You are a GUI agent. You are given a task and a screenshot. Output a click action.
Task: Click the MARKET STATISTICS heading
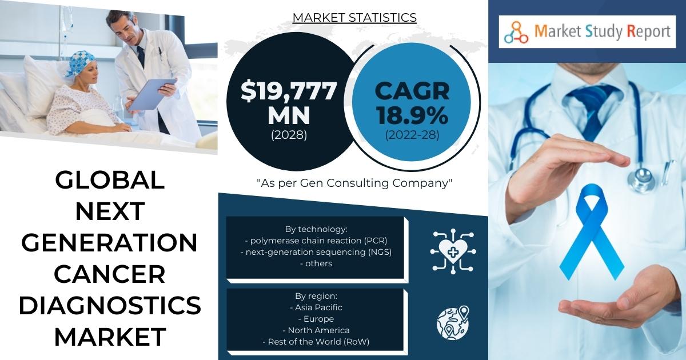point(354,18)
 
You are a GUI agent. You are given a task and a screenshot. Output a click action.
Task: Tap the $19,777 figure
point(289,91)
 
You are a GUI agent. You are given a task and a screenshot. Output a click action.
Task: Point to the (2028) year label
point(289,135)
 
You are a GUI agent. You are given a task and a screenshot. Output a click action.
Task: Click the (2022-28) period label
point(412,135)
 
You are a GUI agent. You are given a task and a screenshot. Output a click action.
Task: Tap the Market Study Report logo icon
point(516,32)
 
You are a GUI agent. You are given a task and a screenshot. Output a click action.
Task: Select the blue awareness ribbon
point(591,232)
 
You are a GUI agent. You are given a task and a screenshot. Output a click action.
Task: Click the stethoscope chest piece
point(641,179)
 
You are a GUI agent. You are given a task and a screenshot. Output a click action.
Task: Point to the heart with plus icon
point(453,251)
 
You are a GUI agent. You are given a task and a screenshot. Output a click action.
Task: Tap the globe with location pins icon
point(453,322)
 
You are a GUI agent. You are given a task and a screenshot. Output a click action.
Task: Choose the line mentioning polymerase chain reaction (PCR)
point(316,241)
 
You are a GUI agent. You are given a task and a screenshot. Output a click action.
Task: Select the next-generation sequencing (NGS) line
point(316,252)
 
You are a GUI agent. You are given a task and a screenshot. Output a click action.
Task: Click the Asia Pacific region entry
point(316,307)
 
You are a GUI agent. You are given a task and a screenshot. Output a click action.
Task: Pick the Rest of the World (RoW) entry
point(316,342)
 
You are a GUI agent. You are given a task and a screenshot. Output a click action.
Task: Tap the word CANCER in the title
point(110,274)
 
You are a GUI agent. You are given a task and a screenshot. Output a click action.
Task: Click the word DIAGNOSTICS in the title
point(110,306)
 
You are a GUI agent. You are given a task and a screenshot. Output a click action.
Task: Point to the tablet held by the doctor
point(152,95)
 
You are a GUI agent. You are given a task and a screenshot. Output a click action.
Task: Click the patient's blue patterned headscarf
point(80,63)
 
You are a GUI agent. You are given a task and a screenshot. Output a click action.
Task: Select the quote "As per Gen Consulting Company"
point(354,183)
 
